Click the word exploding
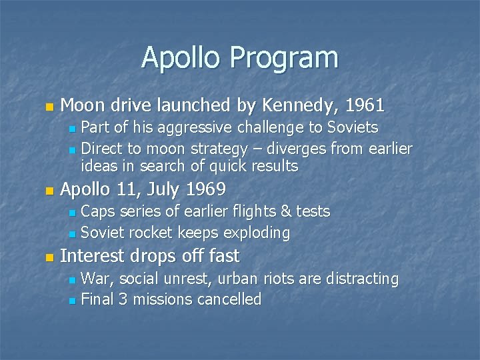pyautogui.click(x=258, y=233)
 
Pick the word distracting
pyautogui.click(x=365, y=279)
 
